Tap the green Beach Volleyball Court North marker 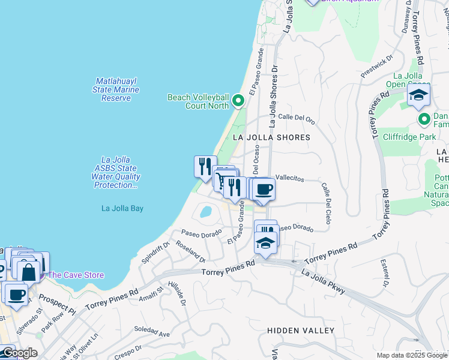[x=238, y=100]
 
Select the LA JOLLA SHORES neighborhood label [x=271, y=137]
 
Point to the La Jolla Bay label [x=122, y=209]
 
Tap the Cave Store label [x=76, y=275]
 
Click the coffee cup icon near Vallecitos [x=263, y=190]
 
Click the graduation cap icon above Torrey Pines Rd [x=265, y=242]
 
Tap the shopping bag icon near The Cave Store [x=28, y=271]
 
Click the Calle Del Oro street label [x=297, y=119]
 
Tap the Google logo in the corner [x=19, y=353]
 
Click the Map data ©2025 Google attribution [x=412, y=355]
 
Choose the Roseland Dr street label [x=191, y=251]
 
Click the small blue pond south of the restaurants [x=205, y=212]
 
